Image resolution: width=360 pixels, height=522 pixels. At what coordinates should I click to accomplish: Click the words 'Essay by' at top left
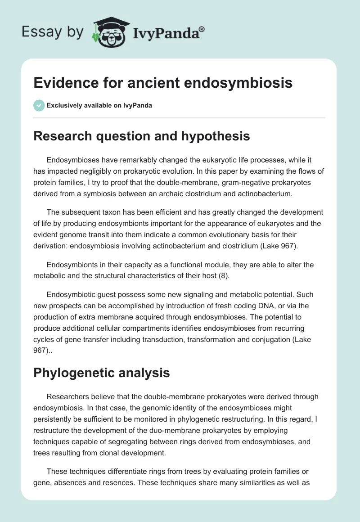pos(53,32)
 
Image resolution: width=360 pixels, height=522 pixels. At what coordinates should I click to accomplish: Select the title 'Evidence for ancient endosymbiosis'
pos(163,83)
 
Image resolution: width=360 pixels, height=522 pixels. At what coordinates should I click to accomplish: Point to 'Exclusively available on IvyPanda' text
pos(99,106)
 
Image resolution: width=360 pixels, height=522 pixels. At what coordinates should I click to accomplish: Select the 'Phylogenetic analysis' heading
pos(101,373)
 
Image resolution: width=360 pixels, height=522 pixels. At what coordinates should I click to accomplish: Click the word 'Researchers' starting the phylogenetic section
pos(67,396)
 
